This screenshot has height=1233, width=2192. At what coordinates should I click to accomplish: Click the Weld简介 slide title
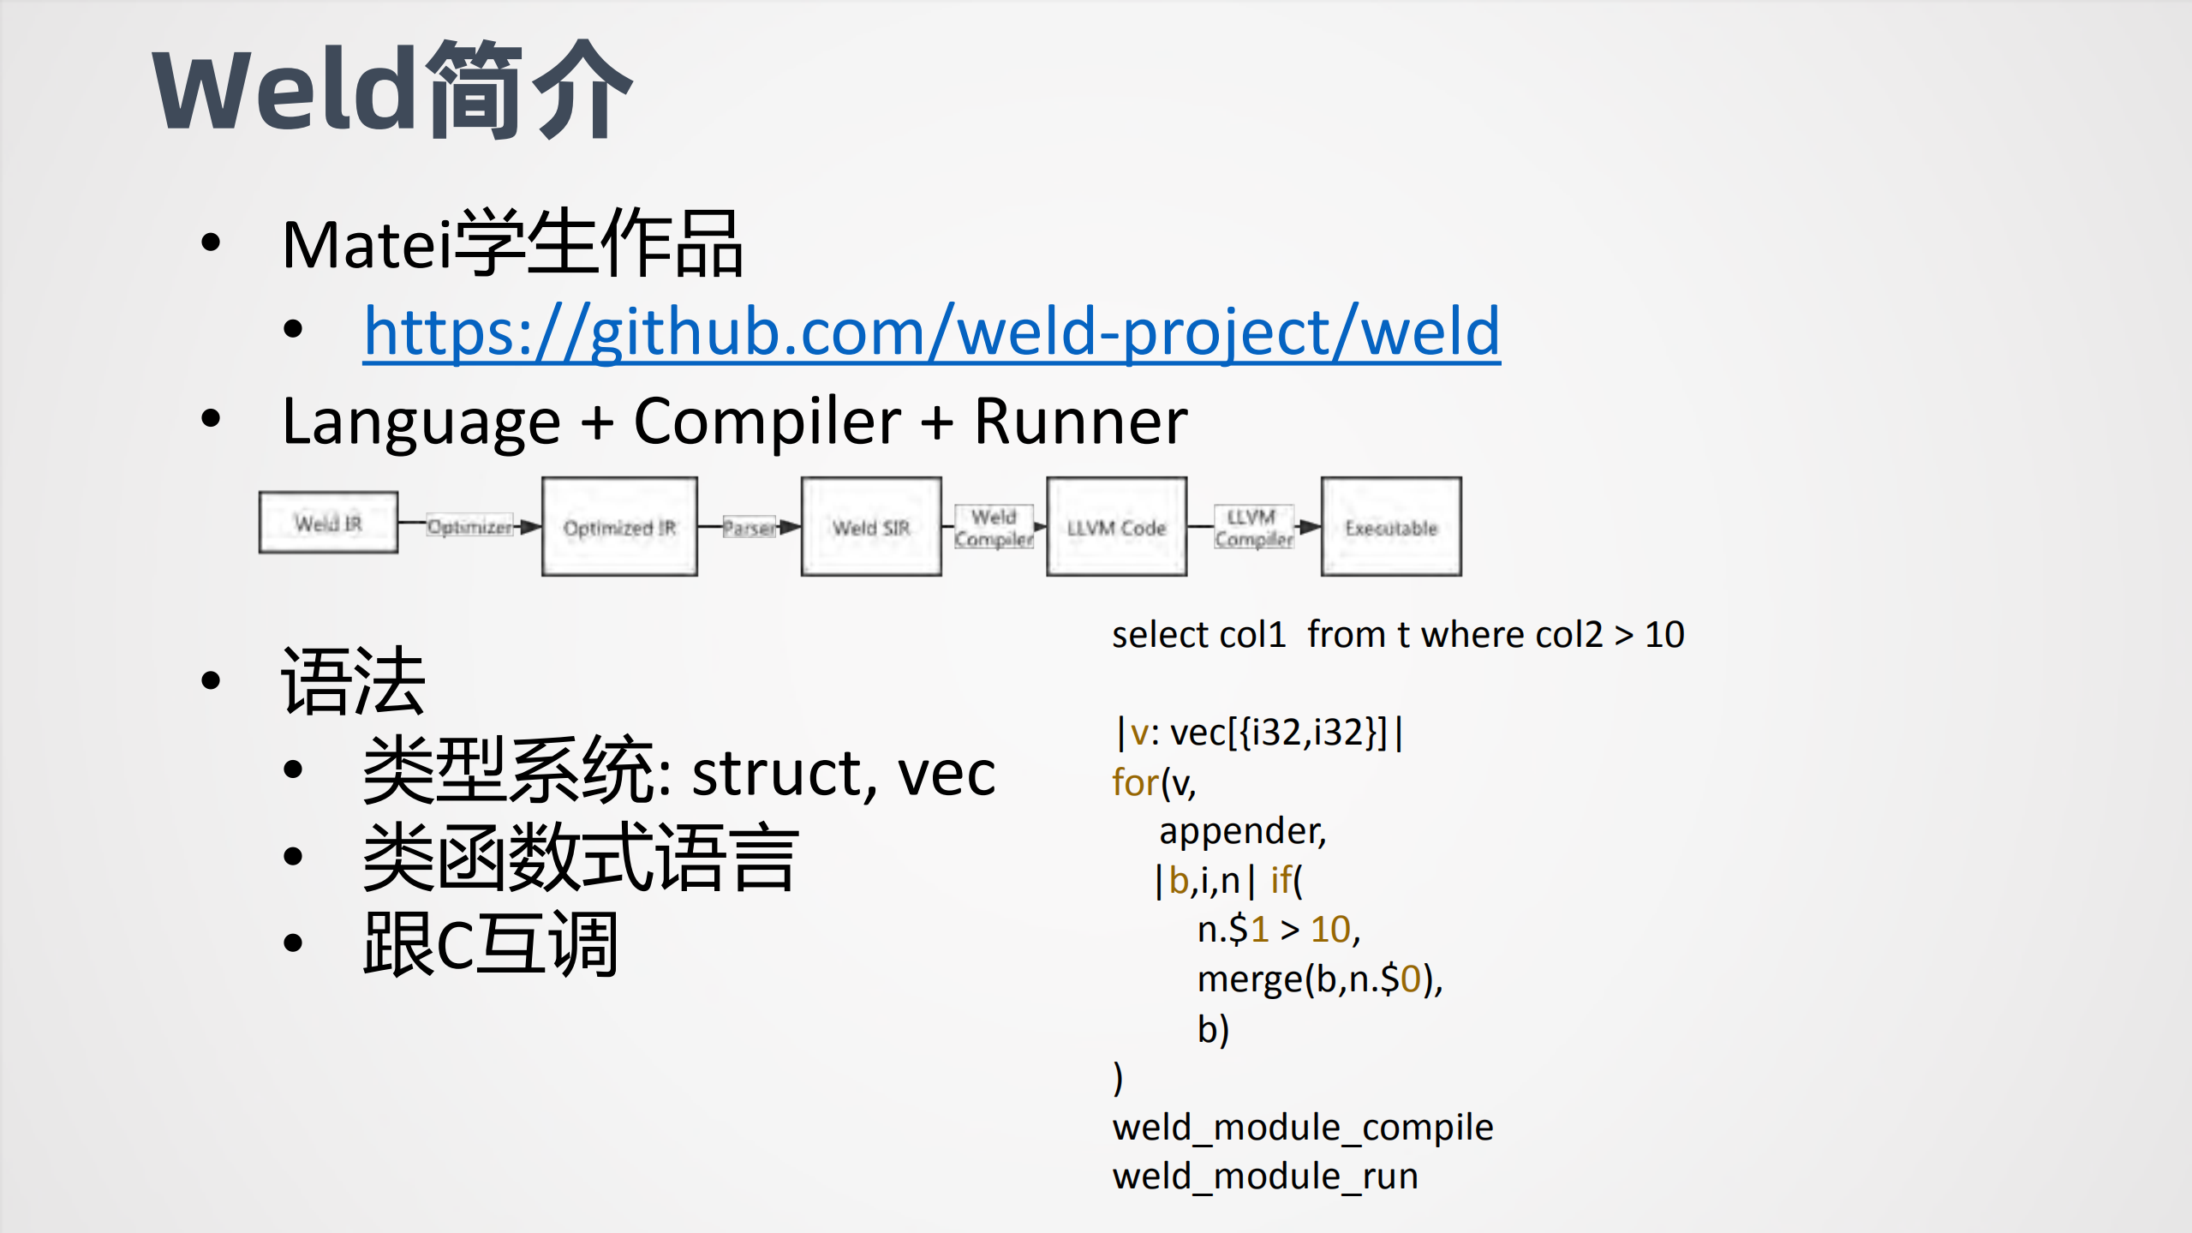(391, 90)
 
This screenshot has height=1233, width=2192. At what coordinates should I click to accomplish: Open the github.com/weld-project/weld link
(931, 332)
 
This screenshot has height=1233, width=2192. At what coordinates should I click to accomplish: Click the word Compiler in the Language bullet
(767, 422)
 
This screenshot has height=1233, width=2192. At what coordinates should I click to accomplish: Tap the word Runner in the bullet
(1080, 422)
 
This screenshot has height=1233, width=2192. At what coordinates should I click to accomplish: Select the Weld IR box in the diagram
(328, 523)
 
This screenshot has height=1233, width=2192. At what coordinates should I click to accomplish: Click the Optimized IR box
(619, 527)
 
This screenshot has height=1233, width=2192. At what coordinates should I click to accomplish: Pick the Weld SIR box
(871, 527)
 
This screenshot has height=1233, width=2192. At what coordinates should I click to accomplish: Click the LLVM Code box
(1116, 527)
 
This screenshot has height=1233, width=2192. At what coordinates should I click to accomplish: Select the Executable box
(1391, 527)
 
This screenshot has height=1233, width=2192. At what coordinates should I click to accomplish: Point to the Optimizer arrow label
(469, 526)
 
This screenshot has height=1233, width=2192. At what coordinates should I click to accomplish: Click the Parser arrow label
(749, 527)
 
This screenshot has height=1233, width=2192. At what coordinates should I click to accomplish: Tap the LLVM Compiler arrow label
(1253, 527)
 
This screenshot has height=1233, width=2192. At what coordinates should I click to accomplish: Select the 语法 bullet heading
(353, 682)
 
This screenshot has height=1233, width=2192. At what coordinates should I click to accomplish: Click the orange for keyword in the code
(1135, 783)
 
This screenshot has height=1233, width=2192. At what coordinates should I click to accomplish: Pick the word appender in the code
(1241, 831)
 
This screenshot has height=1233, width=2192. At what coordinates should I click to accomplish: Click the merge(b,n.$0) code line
(1319, 979)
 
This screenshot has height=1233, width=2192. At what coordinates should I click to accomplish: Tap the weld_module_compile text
(1302, 1127)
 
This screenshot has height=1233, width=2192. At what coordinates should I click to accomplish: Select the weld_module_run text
(1264, 1176)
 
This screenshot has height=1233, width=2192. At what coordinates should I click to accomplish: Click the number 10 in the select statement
(1664, 635)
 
